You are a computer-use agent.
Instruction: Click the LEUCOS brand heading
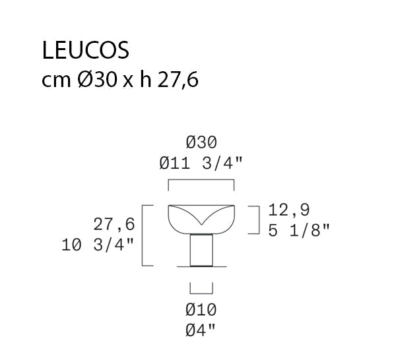coord(86,51)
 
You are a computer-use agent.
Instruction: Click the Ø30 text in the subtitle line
coord(98,80)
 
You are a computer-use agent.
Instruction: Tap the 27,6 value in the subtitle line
coord(178,80)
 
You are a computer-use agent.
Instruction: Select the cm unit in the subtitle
coord(56,81)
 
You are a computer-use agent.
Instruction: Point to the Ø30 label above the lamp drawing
coord(201,142)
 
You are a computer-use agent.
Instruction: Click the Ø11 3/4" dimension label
coord(201,164)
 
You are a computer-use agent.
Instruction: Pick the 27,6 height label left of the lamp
coord(114,224)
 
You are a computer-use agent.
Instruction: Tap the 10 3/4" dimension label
coord(98,245)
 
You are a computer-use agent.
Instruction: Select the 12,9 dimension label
coord(288,210)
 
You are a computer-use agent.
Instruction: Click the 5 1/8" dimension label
coord(299,230)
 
